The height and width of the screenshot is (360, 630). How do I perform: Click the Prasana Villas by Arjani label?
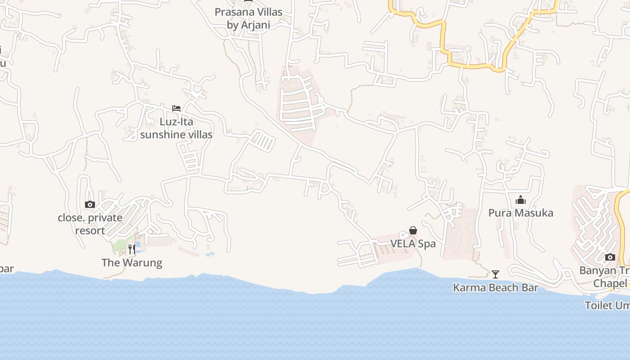pyautogui.click(x=248, y=18)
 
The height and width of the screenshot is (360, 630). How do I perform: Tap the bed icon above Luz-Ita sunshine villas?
pyautogui.click(x=176, y=108)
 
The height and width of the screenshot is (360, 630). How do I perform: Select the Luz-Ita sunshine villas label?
pyautogui.click(x=176, y=128)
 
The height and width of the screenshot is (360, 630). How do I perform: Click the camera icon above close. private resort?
pyautogui.click(x=90, y=205)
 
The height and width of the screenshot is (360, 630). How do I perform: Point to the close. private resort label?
pyautogui.click(x=90, y=224)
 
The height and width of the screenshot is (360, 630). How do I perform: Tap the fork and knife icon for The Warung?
pyautogui.click(x=131, y=249)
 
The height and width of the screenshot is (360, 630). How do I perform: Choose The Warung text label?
pyautogui.click(x=132, y=263)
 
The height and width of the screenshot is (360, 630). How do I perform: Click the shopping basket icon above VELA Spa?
pyautogui.click(x=413, y=231)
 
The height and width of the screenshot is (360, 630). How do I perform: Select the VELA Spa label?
pyautogui.click(x=413, y=244)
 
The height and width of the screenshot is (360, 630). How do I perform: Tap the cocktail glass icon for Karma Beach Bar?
pyautogui.click(x=495, y=274)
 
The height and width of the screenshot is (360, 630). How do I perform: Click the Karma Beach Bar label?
pyautogui.click(x=495, y=288)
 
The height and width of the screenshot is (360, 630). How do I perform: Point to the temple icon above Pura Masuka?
pyautogui.click(x=521, y=200)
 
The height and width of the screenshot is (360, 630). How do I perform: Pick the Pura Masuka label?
pyautogui.click(x=521, y=213)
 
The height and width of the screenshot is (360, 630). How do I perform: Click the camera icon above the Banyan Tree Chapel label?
pyautogui.click(x=610, y=257)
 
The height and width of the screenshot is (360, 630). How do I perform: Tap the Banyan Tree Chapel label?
pyautogui.click(x=605, y=277)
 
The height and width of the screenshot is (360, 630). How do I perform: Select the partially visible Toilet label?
pyautogui.click(x=607, y=306)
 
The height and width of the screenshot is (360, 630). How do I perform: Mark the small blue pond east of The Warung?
pyautogui.click(x=210, y=255)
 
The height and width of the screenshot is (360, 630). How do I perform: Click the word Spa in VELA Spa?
pyautogui.click(x=427, y=244)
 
